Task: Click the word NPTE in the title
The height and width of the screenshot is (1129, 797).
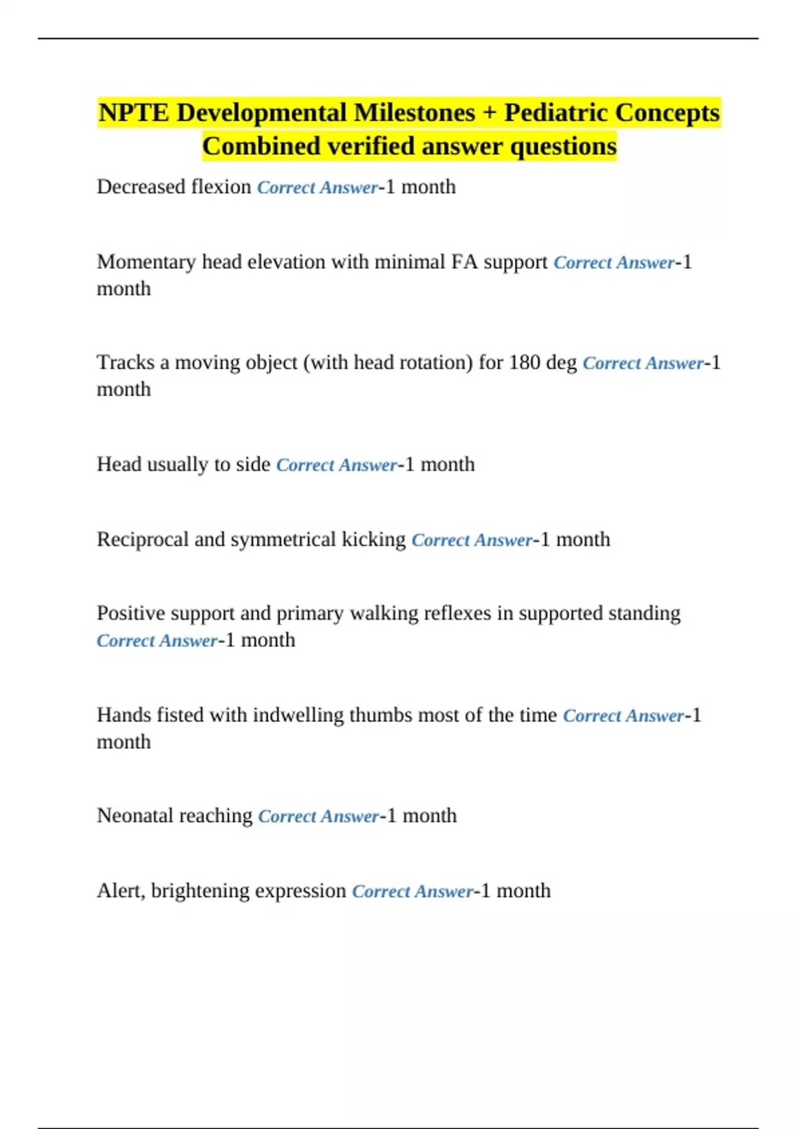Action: (x=133, y=113)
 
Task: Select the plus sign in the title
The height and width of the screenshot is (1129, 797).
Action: (x=489, y=114)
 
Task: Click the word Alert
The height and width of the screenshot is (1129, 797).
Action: (x=120, y=891)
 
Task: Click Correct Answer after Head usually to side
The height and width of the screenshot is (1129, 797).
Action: (x=336, y=465)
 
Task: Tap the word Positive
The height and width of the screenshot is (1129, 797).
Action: (x=127, y=613)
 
